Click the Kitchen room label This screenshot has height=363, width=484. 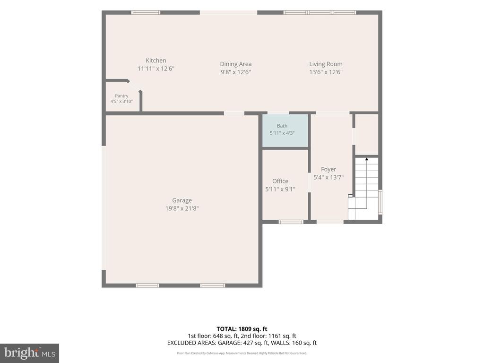coord(156,60)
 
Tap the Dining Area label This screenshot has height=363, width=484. coord(236,64)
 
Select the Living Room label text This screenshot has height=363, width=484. coord(326,64)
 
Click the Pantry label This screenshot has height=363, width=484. coord(121,95)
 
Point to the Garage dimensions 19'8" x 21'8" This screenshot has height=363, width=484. coord(182,208)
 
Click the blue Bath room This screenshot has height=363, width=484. coord(285,130)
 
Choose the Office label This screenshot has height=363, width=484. coord(280,181)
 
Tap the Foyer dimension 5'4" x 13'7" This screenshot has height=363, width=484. coord(328,178)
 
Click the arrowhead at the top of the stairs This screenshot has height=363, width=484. coord(367,159)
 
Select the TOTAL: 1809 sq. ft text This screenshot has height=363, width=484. coord(242,329)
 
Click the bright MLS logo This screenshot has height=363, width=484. coord(30,353)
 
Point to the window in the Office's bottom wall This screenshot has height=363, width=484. coord(291,222)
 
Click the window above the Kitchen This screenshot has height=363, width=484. coord(146,13)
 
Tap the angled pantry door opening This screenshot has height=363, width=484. coord(135,86)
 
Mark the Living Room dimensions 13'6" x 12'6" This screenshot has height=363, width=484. coord(326,72)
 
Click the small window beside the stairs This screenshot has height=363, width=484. coord(380,202)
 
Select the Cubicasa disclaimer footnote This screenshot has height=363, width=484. coord(242,353)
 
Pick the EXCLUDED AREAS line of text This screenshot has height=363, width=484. coord(242,343)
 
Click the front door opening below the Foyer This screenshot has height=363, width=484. coord(330,222)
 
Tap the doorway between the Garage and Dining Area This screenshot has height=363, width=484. coord(234,113)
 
